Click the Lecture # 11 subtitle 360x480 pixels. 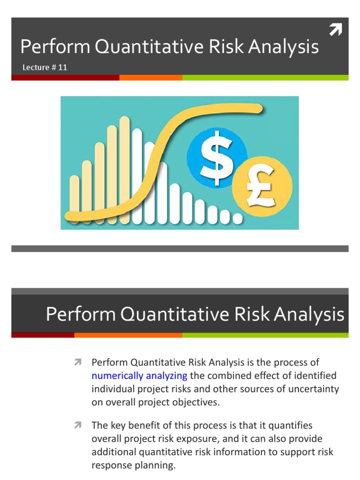pyautogui.click(x=45, y=67)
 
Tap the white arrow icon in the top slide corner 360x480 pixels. pyautogui.click(x=335, y=30)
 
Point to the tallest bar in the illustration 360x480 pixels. pyautogui.click(x=125, y=169)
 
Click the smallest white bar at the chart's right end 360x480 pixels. pyautogui.click(x=238, y=218)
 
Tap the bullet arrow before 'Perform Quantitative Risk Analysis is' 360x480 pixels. pyautogui.click(x=77, y=362)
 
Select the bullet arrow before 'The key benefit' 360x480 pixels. pyautogui.click(x=77, y=425)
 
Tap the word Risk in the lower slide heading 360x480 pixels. pyautogui.click(x=254, y=314)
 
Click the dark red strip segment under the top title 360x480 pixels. pyautogui.click(x=65, y=78)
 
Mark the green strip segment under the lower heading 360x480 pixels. pyautogui.click(x=265, y=335)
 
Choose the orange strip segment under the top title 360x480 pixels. pyautogui.click(x=150, y=78)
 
